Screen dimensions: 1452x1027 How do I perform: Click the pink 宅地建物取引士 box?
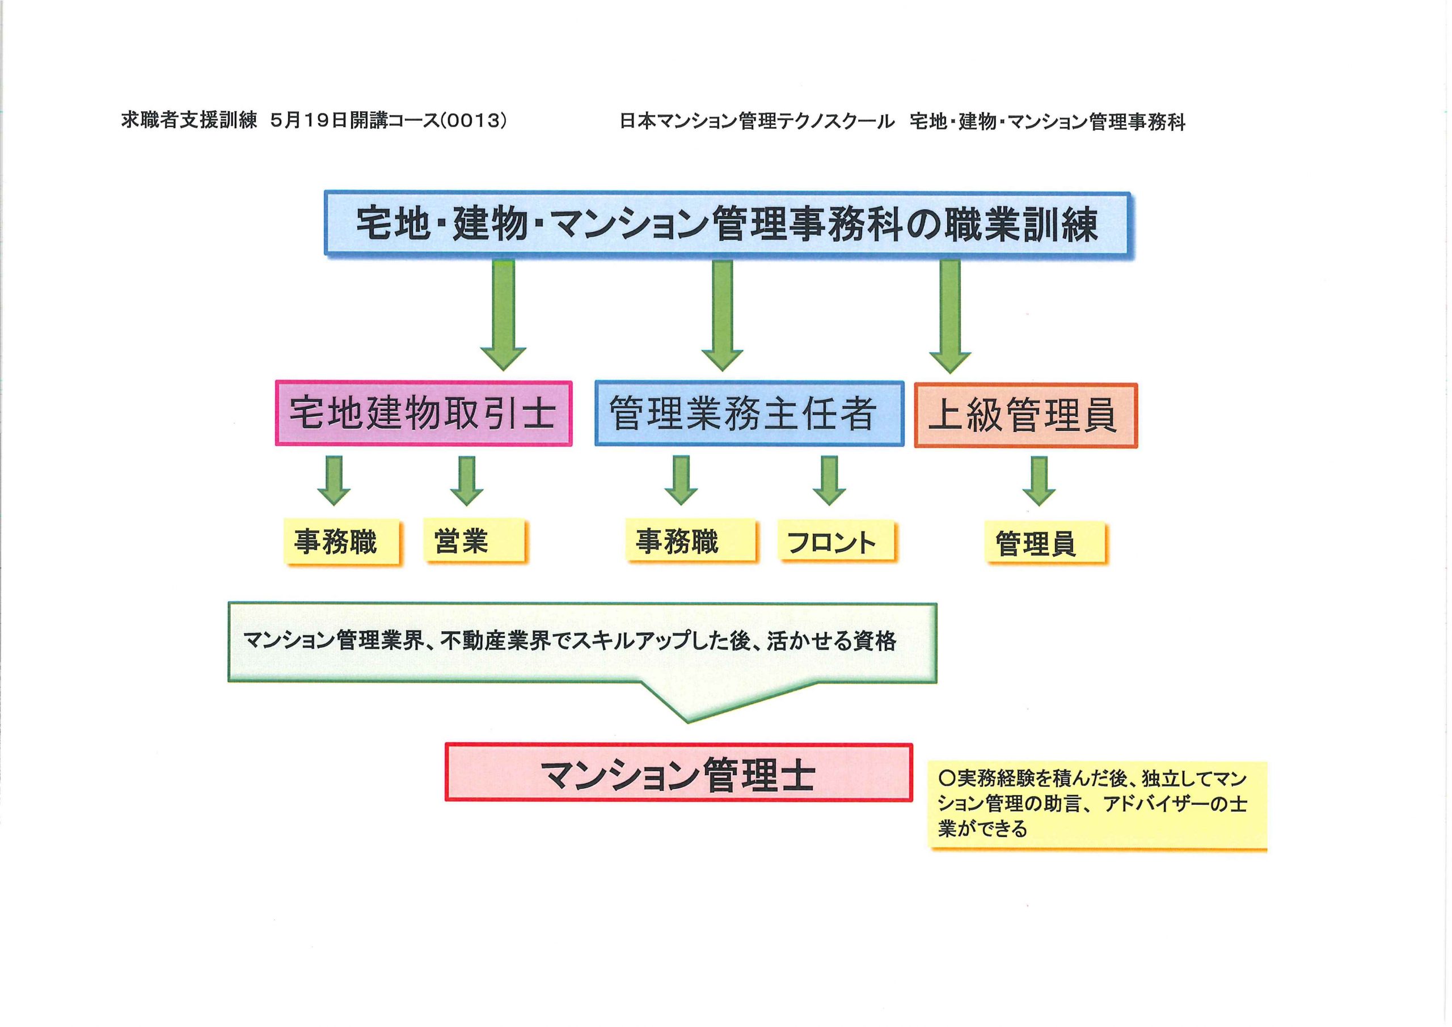point(424,413)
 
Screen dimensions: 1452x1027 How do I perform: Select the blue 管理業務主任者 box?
point(749,413)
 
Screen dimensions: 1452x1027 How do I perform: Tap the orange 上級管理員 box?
point(1026,416)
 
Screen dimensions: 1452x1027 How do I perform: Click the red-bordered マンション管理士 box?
point(678,772)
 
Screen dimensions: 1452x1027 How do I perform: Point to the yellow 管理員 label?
point(1046,543)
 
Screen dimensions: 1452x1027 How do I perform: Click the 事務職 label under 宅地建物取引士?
point(342,542)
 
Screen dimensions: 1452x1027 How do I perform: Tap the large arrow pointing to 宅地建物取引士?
point(504,315)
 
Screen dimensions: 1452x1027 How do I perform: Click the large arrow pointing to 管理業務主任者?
point(722,315)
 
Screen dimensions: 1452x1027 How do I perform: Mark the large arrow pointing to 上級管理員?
point(950,316)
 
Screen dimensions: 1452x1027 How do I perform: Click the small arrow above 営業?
point(467,481)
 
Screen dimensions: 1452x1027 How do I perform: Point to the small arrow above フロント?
point(829,481)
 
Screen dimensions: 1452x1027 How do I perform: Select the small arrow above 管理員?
point(1039,481)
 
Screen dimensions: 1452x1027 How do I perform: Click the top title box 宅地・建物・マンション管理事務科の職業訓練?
point(727,225)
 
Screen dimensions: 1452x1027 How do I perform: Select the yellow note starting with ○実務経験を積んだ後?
point(1099,806)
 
